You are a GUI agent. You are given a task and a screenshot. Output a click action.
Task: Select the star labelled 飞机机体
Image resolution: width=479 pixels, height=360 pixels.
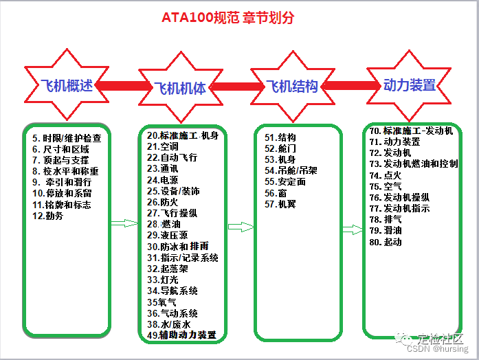[x=180, y=88]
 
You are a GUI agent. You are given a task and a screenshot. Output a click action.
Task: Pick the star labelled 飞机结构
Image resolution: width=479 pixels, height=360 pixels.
[x=292, y=86]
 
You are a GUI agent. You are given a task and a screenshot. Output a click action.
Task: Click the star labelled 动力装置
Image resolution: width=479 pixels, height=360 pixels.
[x=409, y=85]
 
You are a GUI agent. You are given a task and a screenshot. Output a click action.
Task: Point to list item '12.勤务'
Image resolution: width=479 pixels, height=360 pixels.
[x=48, y=216]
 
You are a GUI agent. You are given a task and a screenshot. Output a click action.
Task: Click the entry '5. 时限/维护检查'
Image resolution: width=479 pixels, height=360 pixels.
[x=67, y=138]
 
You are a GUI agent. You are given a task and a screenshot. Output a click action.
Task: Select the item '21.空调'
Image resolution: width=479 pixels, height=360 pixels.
[x=163, y=146]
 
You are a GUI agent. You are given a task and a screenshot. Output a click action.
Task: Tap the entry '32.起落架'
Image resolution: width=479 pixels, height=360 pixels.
[x=168, y=269]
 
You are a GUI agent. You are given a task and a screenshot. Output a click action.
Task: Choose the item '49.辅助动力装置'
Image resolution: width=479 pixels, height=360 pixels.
[x=181, y=335]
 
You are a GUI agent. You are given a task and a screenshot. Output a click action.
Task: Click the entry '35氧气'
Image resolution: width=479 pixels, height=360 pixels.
[x=161, y=302]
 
